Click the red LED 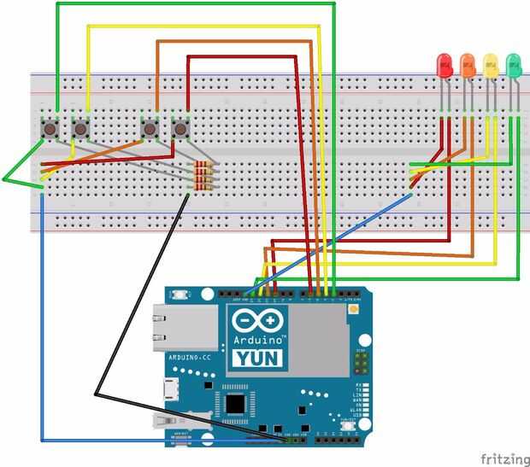tap(444, 65)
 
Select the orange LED tap(467, 65)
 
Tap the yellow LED tap(491, 65)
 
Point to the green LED tap(514, 65)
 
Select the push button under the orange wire tap(151, 129)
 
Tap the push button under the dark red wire tap(180, 129)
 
